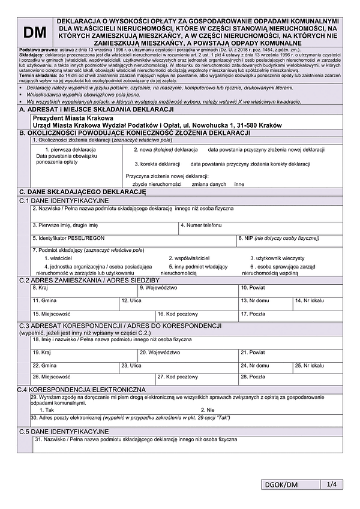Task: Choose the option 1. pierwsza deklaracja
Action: tap(70, 149)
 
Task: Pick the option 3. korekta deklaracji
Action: tap(157, 164)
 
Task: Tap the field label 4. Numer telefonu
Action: tap(201, 225)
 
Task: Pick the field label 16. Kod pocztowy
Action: tap(178, 313)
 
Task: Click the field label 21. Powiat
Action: tap(253, 352)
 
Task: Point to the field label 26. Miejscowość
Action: tap(52, 377)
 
